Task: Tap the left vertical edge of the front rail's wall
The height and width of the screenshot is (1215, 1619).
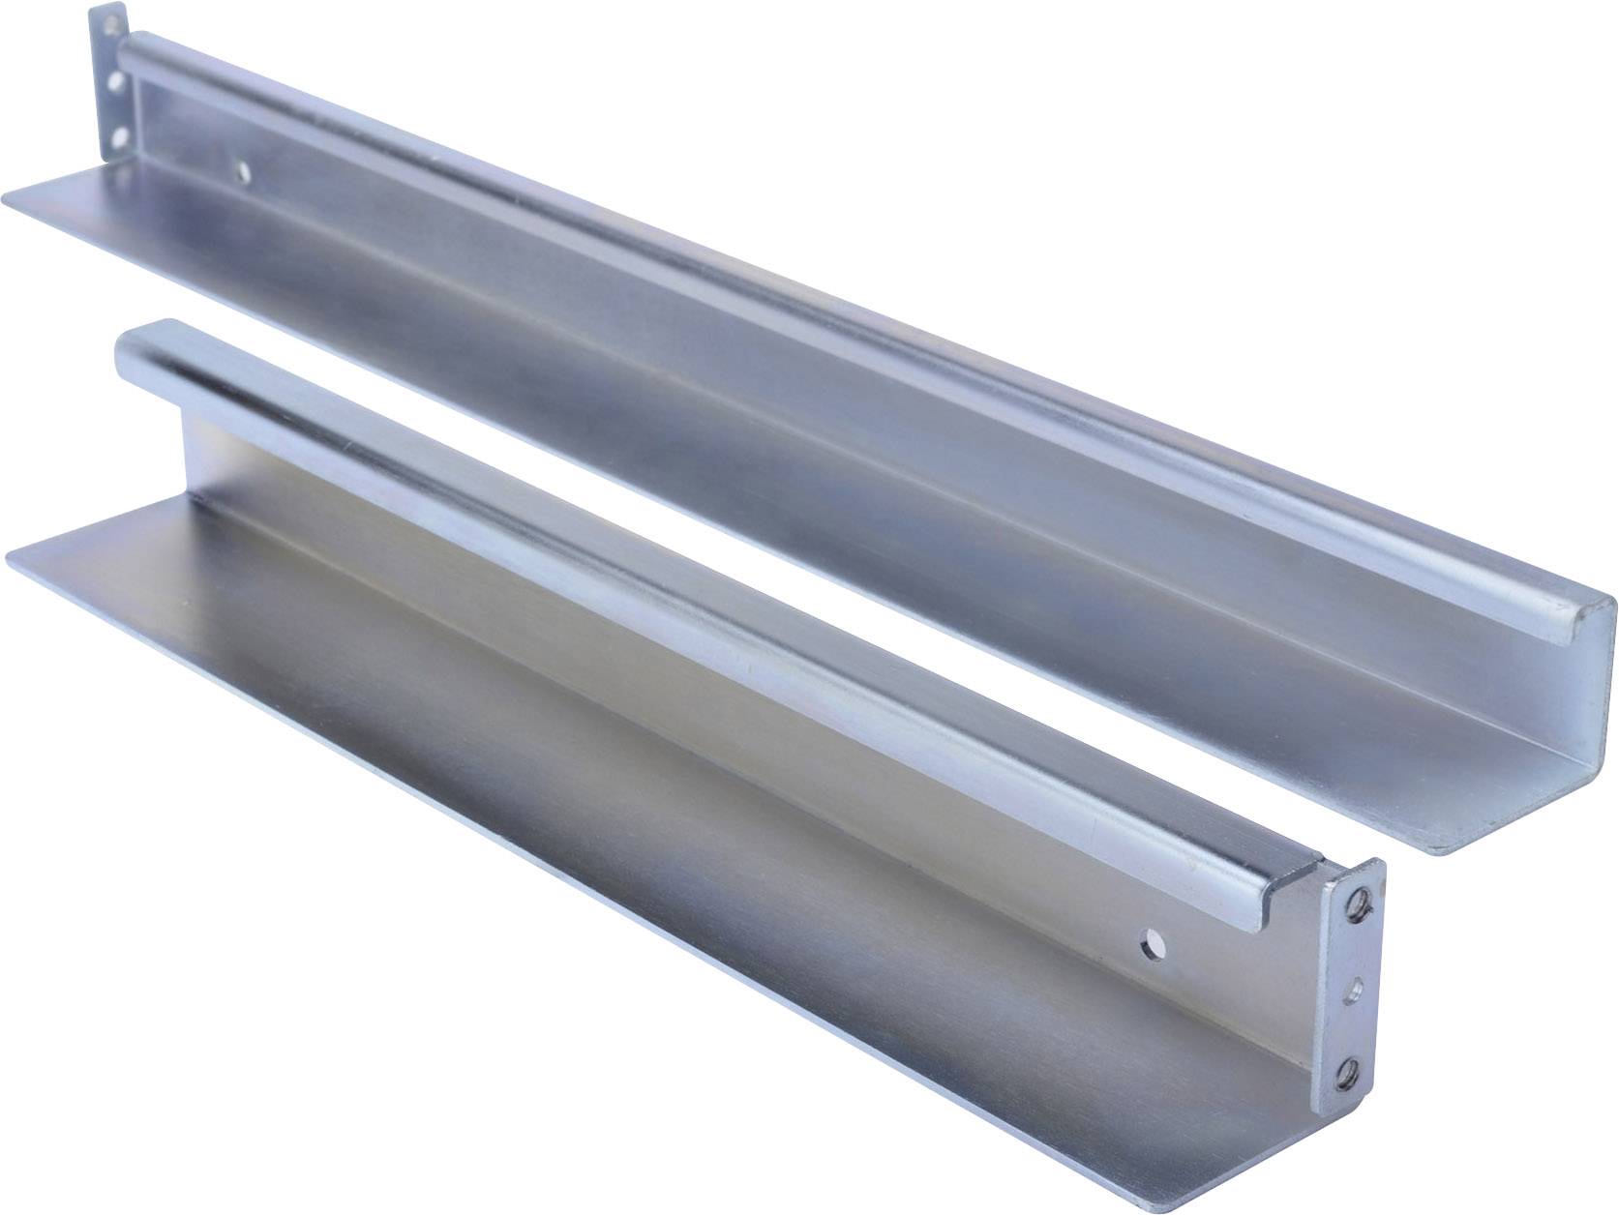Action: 183,455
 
